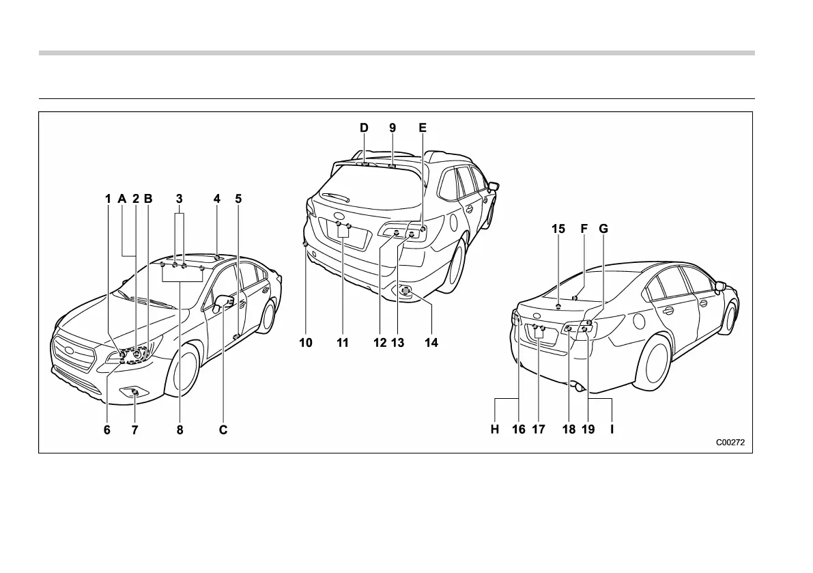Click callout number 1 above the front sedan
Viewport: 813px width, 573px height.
point(108,199)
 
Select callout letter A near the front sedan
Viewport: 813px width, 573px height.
point(122,199)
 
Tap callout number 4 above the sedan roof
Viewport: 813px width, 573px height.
point(217,199)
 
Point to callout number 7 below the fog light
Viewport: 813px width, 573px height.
point(134,430)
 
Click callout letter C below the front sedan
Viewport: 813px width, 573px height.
point(223,430)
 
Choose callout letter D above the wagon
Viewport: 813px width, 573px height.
point(364,128)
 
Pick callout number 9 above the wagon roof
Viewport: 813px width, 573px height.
point(393,128)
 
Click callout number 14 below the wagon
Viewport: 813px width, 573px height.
point(431,343)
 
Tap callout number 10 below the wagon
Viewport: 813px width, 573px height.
point(306,343)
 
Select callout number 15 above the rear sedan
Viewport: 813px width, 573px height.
point(558,229)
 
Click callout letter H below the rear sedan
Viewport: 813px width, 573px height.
point(495,430)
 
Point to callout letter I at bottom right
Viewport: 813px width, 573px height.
point(612,430)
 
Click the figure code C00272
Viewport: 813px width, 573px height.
point(730,443)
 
